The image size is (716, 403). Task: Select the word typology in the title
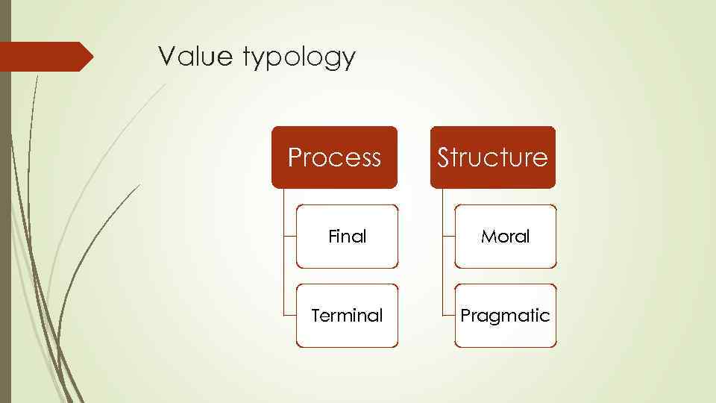tap(300, 58)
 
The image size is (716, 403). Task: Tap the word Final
tap(348, 237)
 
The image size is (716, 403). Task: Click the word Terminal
tap(347, 316)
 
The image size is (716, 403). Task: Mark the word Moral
tap(505, 237)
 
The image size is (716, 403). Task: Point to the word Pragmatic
tap(505, 316)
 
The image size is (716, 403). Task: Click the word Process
tap(334, 157)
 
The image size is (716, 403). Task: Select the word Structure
tap(492, 157)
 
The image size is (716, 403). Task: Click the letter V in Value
tap(166, 57)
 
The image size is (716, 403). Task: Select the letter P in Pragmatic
tap(465, 315)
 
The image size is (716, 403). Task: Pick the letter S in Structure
tap(443, 157)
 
